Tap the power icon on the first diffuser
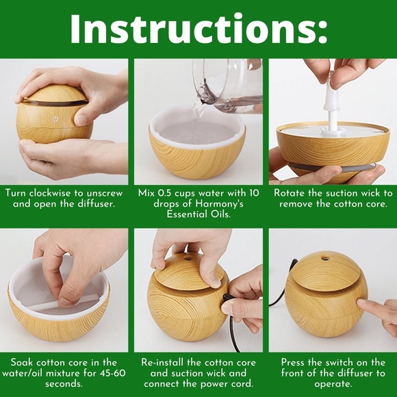[x=55, y=118]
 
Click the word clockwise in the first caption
[x=51, y=193]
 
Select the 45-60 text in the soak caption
[x=112, y=373]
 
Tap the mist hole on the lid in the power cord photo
[x=188, y=259]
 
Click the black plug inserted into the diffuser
[x=226, y=298]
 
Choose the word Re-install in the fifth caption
[x=162, y=363]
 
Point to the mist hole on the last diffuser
[x=324, y=259]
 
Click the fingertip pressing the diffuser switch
[x=361, y=303]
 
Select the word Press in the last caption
[x=294, y=363]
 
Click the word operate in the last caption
[x=332, y=384]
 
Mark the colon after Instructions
[x=322, y=33]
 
